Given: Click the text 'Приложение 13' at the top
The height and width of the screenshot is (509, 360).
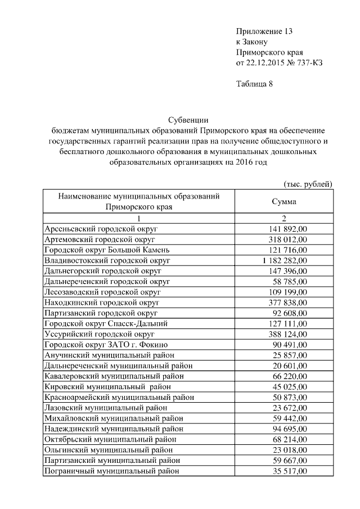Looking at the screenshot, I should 264,31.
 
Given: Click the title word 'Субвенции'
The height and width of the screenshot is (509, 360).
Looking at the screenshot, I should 188,120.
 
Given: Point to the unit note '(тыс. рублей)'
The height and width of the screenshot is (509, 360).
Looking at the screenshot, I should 307,184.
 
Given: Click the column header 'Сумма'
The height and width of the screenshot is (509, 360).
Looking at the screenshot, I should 284,201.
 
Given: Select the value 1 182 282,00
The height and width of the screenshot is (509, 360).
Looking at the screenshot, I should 285,260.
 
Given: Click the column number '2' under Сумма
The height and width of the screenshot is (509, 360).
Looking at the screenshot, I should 284,218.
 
